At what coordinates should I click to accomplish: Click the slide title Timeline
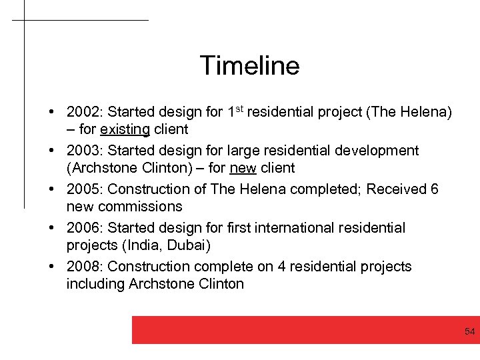249,65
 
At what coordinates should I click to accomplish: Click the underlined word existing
125,129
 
